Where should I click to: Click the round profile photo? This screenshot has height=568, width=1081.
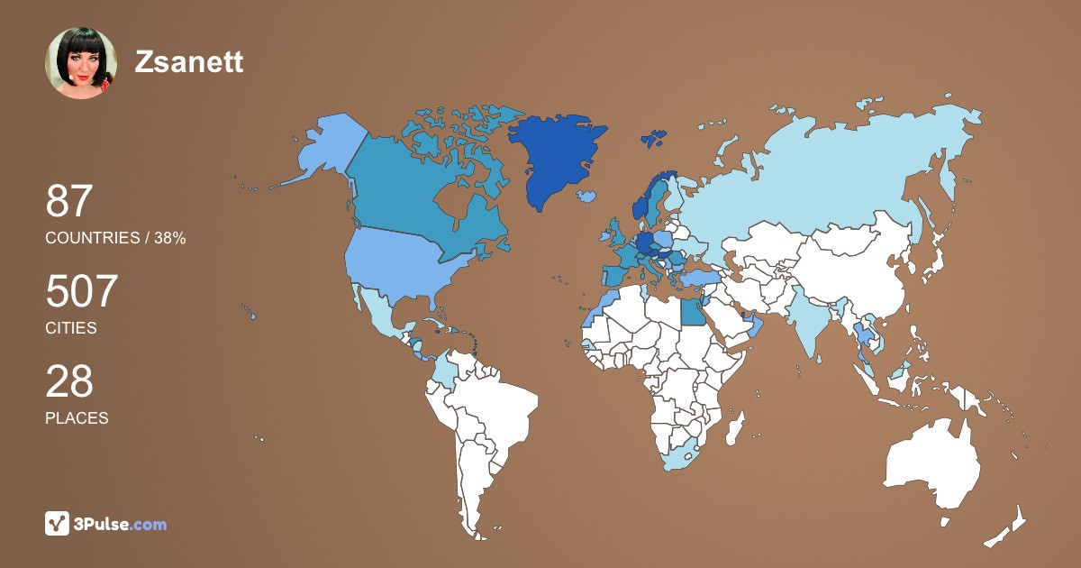point(81,63)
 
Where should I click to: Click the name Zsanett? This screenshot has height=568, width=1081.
point(189,61)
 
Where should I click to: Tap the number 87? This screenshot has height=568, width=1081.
point(69,201)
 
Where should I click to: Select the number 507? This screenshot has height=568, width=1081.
point(82,291)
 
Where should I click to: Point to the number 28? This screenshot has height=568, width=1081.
point(69,381)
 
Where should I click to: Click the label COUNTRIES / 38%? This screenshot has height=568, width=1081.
point(115,238)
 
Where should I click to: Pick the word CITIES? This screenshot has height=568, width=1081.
point(70,328)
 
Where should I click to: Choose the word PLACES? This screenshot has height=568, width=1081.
point(77,418)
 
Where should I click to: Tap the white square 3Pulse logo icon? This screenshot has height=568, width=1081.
point(58,524)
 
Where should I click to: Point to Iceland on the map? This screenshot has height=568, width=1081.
point(586,196)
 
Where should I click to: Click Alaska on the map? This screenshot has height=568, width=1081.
point(324,149)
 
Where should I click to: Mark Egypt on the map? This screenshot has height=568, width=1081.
point(693,312)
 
